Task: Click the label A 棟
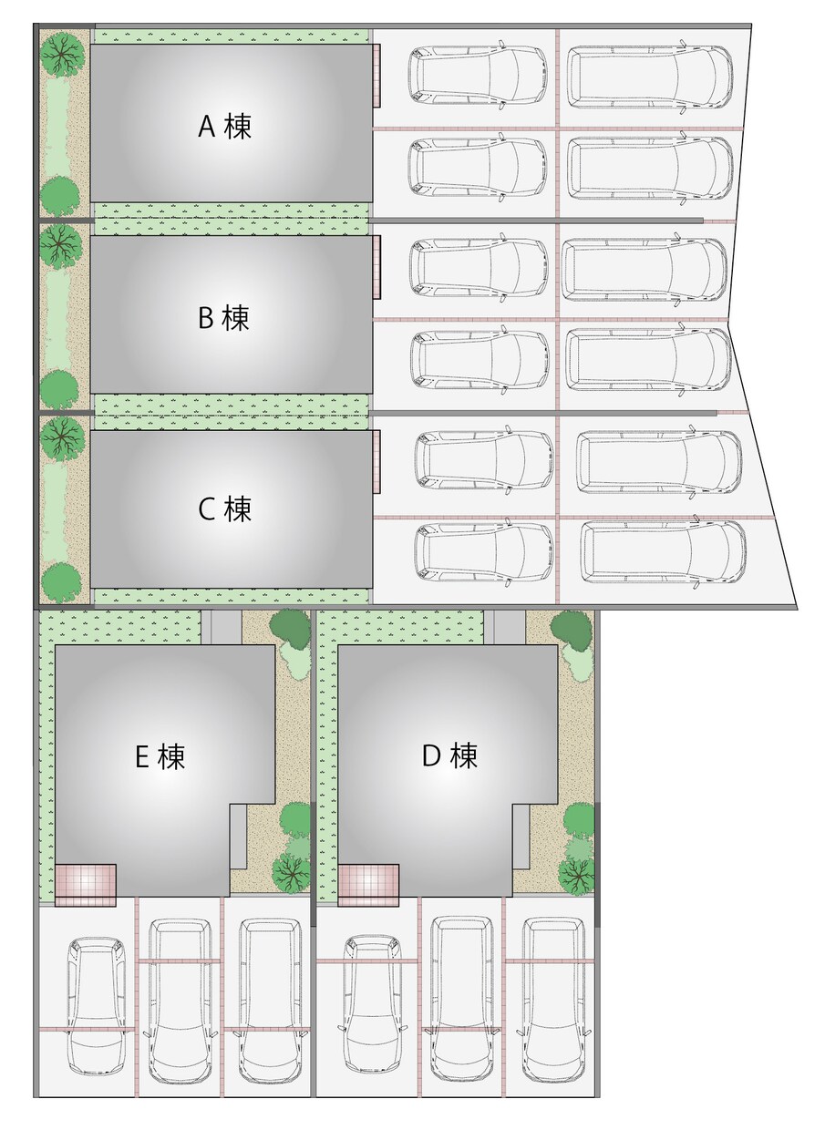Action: point(224,126)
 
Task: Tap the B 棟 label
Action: point(223,317)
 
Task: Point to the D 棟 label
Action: point(449,755)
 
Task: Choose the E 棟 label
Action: point(160,756)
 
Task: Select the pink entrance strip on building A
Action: point(376,76)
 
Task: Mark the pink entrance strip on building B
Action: point(376,267)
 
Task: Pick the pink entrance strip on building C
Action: point(376,462)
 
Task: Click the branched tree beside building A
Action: point(62,55)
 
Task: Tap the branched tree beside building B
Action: point(60,246)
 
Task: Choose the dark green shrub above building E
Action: point(290,629)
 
